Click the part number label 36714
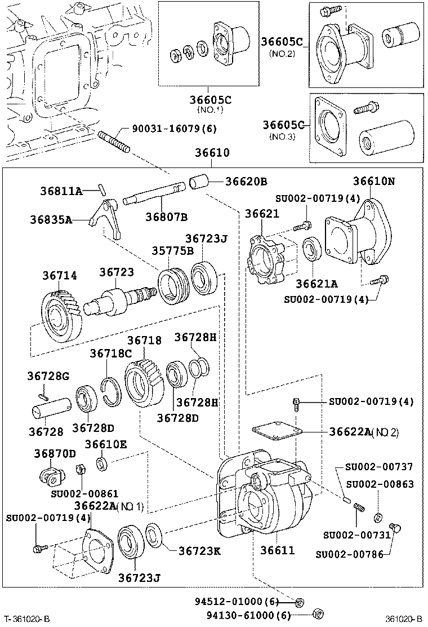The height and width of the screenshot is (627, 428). pyautogui.click(x=60, y=275)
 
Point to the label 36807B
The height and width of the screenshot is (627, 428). pyautogui.click(x=166, y=217)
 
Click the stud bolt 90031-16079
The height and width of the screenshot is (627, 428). pyautogui.click(x=114, y=142)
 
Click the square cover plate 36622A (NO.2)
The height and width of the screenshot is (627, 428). pyautogui.click(x=276, y=432)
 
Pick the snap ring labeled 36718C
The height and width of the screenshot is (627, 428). pyautogui.click(x=112, y=389)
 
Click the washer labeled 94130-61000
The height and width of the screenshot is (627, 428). pyautogui.click(x=317, y=614)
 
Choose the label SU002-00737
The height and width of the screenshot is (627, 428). pyautogui.click(x=379, y=467)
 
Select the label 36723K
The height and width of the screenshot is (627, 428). pyautogui.click(x=199, y=550)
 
